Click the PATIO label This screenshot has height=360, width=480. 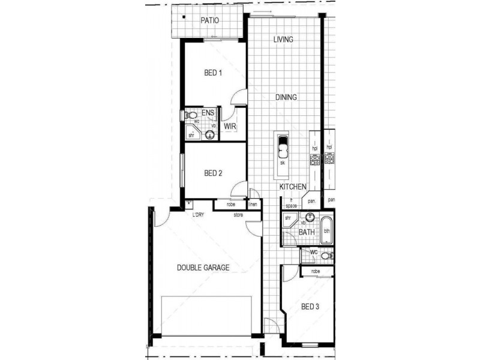[209, 20]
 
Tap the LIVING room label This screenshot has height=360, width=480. [283, 40]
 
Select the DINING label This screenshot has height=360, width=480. [286, 97]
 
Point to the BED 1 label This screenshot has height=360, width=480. [214, 73]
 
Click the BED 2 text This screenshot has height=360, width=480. [214, 173]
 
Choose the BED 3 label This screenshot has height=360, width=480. [310, 307]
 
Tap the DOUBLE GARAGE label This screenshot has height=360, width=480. [202, 268]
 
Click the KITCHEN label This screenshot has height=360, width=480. [293, 187]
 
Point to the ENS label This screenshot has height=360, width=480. [208, 113]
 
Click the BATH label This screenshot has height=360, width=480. [307, 232]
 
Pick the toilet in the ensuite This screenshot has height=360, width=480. [191, 114]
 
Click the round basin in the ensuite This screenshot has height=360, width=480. [210, 134]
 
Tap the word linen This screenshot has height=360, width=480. [253, 205]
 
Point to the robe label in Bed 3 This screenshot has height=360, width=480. [315, 272]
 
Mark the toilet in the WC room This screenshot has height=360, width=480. [326, 256]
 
